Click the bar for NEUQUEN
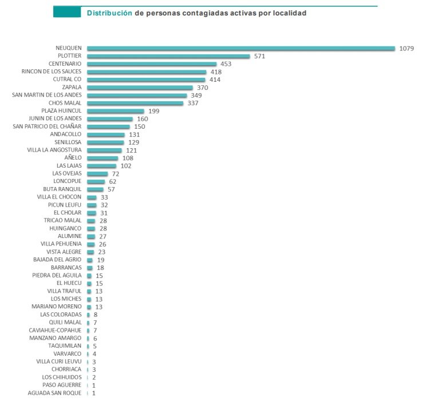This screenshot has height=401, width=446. coord(241,48)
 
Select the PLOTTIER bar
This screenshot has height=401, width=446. coord(169,56)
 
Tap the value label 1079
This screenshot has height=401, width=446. coord(406,48)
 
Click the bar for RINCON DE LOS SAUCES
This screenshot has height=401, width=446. coord(147,72)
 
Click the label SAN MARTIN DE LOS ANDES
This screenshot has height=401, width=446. coord(47,96)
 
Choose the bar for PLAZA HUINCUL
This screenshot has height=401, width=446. coord(116,111)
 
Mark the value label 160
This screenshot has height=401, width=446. coord(143,119)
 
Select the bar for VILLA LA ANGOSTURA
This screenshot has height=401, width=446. coord(104,150)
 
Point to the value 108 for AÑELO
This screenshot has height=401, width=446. coord(128,158)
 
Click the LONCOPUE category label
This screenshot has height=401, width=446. coord(68,181)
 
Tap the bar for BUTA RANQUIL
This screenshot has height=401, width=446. coord(95,189)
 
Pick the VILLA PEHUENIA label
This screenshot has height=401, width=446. coord(61,244)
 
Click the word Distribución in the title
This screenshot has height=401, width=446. coord(109,13)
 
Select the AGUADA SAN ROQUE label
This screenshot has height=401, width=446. coord(54,393)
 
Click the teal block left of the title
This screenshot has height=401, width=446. coord(67,12)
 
